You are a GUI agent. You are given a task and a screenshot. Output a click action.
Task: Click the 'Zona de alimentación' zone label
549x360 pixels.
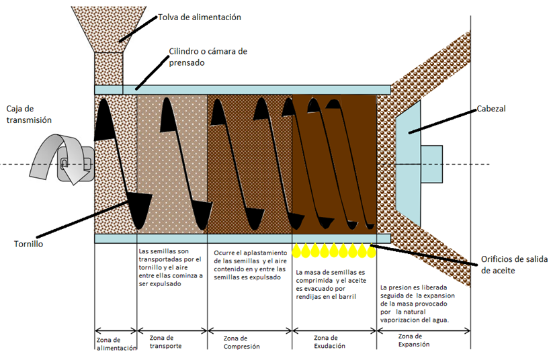(116, 343)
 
